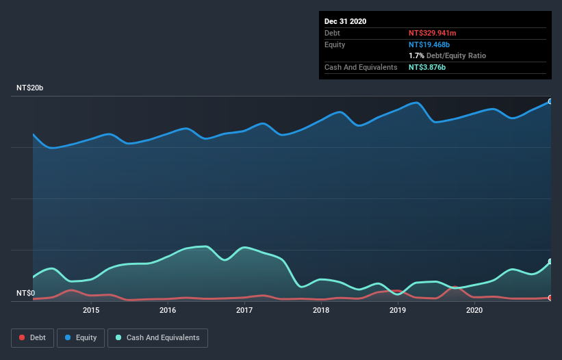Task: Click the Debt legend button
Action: pyautogui.click(x=31, y=337)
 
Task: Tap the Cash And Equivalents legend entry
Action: pyautogui.click(x=157, y=337)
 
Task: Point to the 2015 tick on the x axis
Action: pyautogui.click(x=91, y=310)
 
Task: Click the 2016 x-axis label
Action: pyautogui.click(x=168, y=310)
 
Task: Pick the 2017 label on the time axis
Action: pyautogui.click(x=244, y=310)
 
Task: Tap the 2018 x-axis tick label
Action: pyautogui.click(x=321, y=310)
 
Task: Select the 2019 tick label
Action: pyautogui.click(x=398, y=310)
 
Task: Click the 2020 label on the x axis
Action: pyautogui.click(x=474, y=310)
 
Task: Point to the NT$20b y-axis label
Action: pyautogui.click(x=31, y=88)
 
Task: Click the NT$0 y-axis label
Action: pyautogui.click(x=26, y=293)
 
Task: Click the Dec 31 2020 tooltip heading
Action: pyautogui.click(x=345, y=21)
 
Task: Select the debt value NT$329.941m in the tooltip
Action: pyautogui.click(x=432, y=33)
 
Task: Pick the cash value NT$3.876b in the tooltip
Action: pyautogui.click(x=426, y=67)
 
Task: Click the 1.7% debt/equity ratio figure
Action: pyautogui.click(x=416, y=55)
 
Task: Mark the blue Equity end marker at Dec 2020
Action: pyautogui.click(x=550, y=101)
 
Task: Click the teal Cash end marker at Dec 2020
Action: pyautogui.click(x=550, y=261)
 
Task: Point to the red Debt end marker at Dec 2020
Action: pyautogui.click(x=550, y=298)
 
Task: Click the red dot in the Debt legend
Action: pyautogui.click(x=22, y=337)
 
